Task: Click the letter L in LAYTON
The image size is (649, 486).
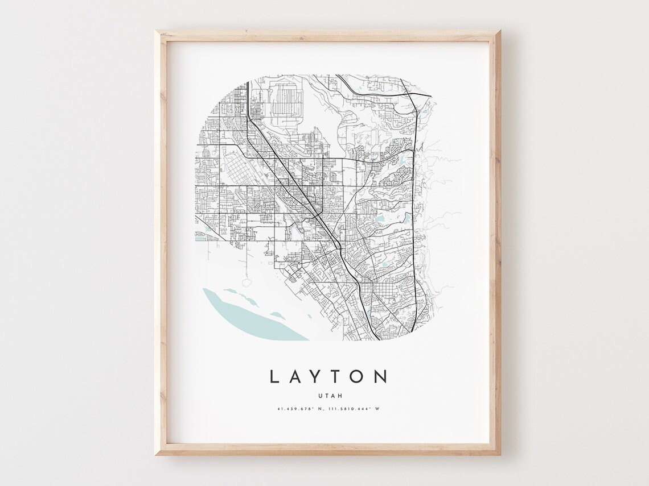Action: (x=274, y=376)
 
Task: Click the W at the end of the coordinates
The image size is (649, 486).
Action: (x=377, y=409)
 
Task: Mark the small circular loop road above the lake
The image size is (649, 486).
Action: (x=247, y=283)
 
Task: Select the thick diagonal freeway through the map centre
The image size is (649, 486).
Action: (x=296, y=182)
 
